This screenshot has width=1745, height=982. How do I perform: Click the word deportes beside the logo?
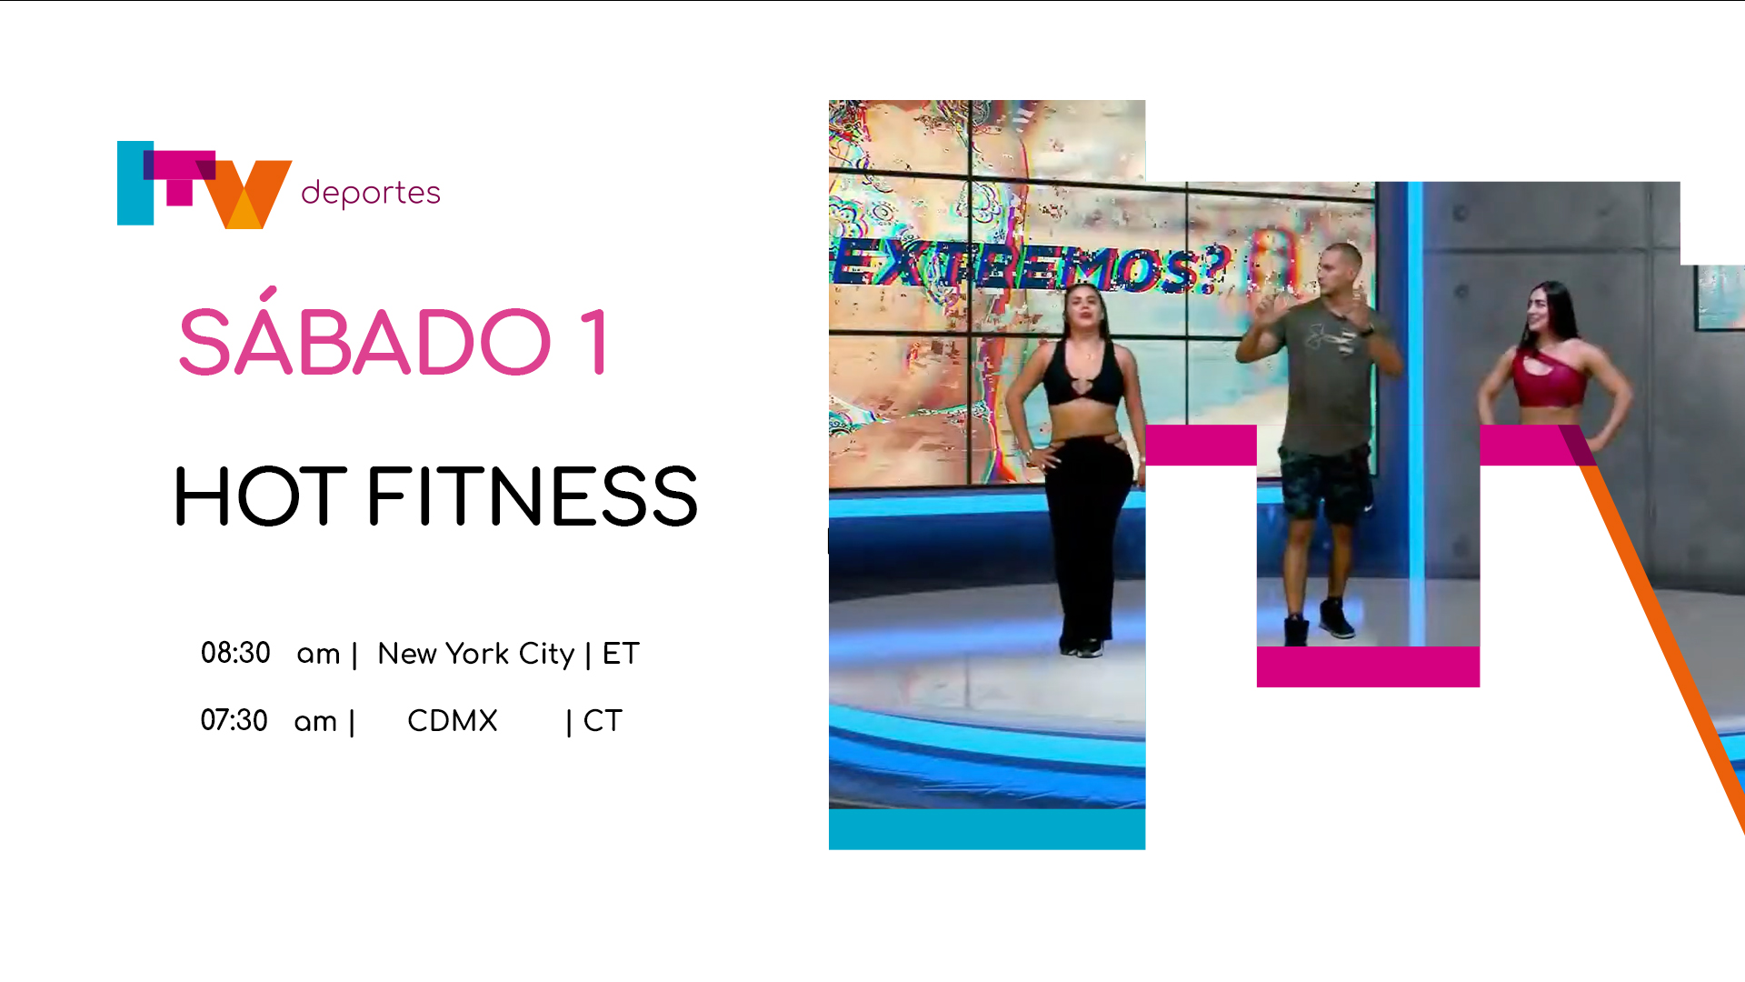(371, 193)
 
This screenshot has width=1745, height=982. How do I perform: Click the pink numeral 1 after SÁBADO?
(594, 342)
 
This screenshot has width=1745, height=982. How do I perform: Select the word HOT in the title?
(261, 496)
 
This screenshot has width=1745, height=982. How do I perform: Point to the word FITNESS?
(533, 496)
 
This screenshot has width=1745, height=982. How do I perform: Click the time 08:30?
(235, 653)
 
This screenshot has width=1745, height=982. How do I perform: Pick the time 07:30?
(234, 720)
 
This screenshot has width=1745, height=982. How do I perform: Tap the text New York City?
(476, 654)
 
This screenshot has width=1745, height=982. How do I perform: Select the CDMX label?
(453, 721)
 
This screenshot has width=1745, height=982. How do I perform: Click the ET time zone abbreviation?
(621, 654)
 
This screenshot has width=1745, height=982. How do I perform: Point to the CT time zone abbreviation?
(603, 721)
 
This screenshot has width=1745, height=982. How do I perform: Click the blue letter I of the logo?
(135, 183)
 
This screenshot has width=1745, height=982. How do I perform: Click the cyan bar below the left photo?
(987, 829)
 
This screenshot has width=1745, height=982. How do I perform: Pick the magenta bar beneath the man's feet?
(1368, 666)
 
